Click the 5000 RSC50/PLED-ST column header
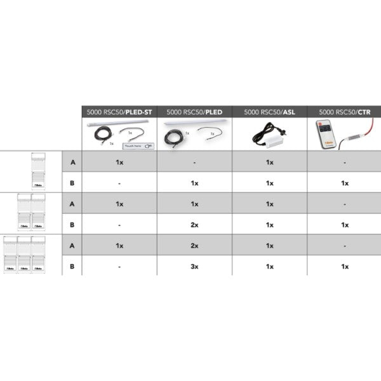pyautogui.click(x=119, y=112)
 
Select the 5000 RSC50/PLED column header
pyautogui.click(x=194, y=112)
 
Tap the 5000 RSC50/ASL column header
pyautogui.click(x=269, y=112)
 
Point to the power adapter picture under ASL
pyautogui.click(x=269, y=135)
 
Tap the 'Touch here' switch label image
pyautogui.click(x=140, y=146)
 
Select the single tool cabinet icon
pyautogui.click(x=39, y=171)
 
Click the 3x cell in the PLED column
pyautogui.click(x=194, y=267)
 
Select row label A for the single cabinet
pyautogui.click(x=72, y=162)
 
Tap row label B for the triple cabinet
pyautogui.click(x=72, y=267)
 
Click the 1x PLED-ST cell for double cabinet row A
pyautogui.click(x=119, y=204)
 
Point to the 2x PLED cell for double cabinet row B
pyautogui.click(x=194, y=225)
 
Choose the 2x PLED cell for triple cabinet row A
pyautogui.click(x=194, y=246)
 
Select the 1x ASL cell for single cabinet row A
pyautogui.click(x=269, y=162)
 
